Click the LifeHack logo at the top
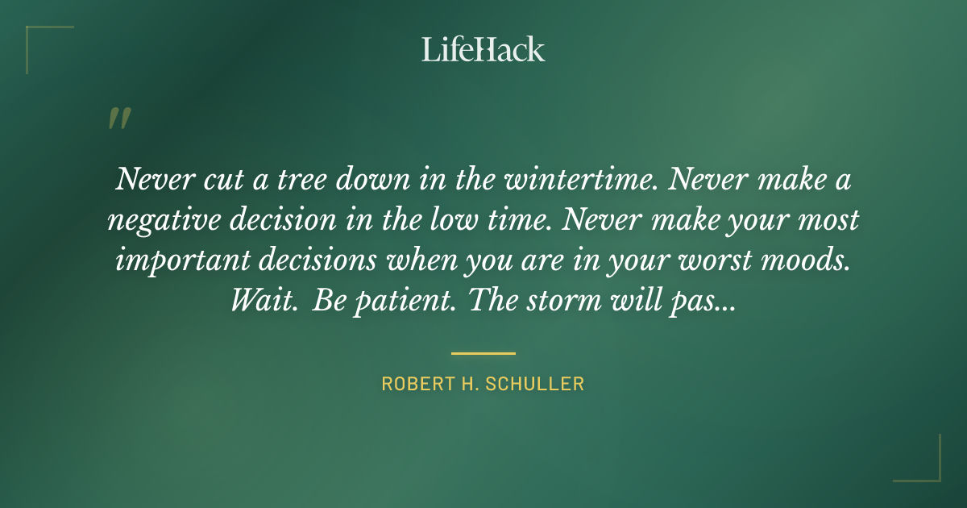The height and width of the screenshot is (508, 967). coord(483,49)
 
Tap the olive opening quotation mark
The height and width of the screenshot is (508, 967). coord(118,119)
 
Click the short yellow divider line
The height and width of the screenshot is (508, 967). coord(483,353)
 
